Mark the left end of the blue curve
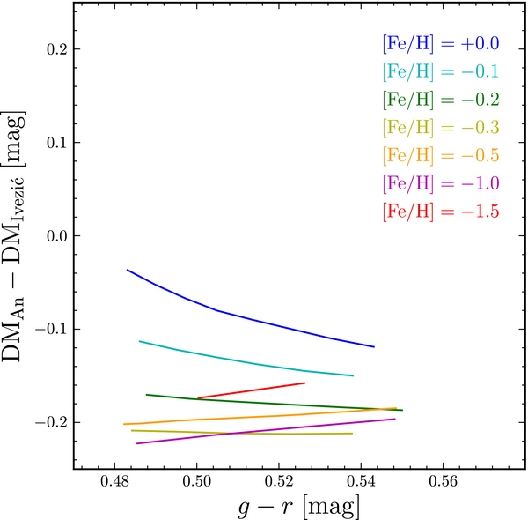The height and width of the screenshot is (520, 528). pyautogui.click(x=128, y=270)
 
